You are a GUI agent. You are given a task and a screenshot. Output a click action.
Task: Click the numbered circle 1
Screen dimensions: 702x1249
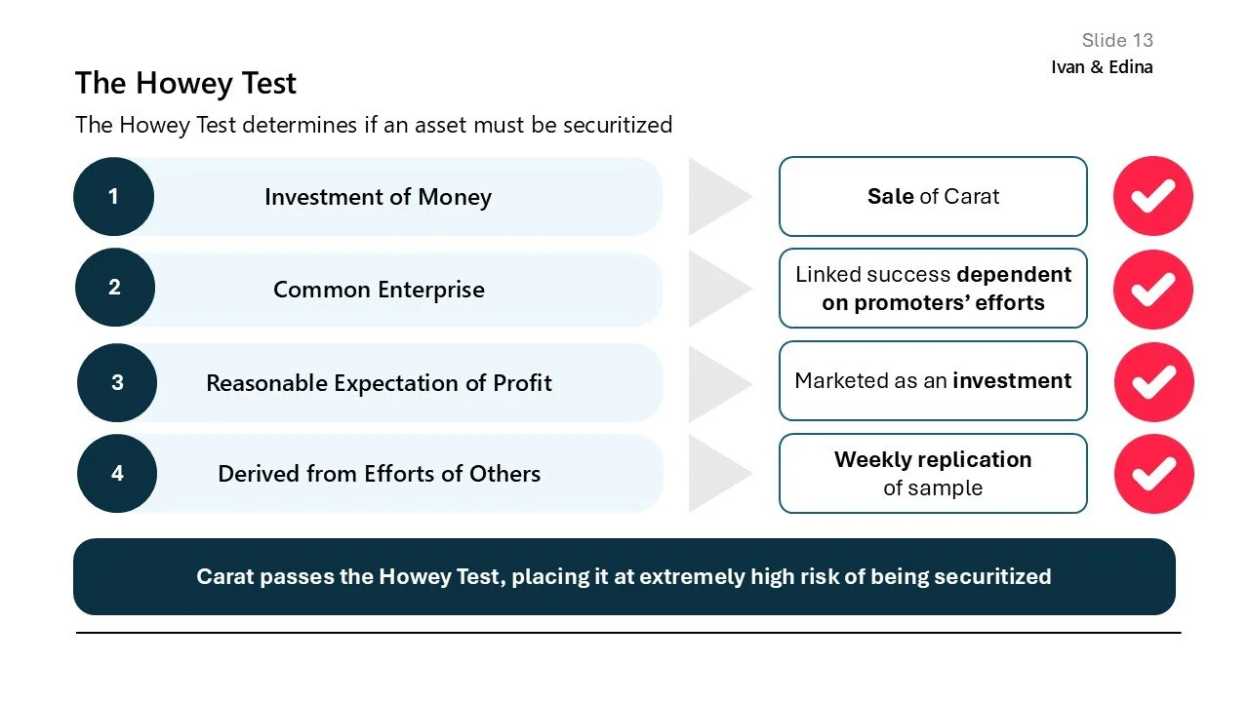(x=113, y=196)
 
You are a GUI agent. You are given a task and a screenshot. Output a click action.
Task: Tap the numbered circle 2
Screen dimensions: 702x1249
(x=114, y=287)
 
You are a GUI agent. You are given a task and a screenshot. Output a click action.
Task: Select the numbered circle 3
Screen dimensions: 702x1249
(x=117, y=382)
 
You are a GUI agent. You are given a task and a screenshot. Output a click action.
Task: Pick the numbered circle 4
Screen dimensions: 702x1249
(x=117, y=473)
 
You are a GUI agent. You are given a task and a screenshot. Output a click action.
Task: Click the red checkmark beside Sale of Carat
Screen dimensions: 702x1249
(x=1152, y=196)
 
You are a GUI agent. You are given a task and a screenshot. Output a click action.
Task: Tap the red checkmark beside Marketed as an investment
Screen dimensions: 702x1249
(x=1152, y=381)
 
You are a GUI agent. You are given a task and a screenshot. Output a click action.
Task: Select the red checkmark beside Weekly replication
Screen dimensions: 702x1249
(x=1152, y=473)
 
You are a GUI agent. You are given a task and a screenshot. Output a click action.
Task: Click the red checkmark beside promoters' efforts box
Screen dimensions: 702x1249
(x=1152, y=289)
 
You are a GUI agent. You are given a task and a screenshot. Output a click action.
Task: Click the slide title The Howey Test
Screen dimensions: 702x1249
(x=185, y=83)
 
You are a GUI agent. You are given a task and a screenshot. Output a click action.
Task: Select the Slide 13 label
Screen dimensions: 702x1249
(x=1117, y=40)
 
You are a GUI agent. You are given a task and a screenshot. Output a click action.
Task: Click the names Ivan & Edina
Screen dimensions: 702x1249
(x=1102, y=67)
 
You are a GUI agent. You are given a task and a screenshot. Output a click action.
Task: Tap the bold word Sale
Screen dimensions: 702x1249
(x=890, y=196)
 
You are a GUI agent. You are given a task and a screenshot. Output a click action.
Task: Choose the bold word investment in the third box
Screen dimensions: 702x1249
(x=1012, y=380)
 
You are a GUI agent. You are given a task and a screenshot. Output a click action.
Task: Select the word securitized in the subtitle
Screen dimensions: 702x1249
(x=617, y=125)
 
